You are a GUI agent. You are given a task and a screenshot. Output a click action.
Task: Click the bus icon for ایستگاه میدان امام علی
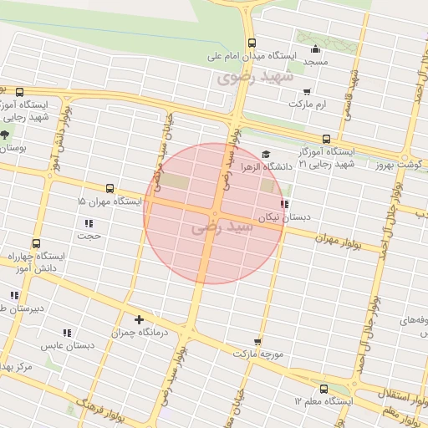252,43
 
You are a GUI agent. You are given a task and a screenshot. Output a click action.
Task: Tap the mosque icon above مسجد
314,48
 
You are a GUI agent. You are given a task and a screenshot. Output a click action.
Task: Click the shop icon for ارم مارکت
307,91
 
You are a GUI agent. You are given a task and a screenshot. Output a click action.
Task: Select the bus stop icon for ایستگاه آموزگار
326,140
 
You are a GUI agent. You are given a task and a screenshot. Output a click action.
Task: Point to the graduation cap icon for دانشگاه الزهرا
266,154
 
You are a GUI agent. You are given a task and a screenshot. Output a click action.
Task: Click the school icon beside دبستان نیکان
284,204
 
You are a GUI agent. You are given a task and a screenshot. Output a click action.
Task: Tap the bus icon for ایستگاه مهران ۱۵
110,190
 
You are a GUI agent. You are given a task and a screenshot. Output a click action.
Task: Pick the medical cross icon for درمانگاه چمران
139,319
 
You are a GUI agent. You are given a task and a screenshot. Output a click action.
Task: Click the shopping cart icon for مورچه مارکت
257,341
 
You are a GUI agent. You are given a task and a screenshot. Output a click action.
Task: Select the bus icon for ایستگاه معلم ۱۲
324,388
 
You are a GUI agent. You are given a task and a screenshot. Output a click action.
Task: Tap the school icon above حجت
89,223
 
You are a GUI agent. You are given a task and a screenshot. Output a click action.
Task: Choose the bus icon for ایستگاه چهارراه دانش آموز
35,243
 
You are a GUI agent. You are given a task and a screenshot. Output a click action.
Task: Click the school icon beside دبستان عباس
67,333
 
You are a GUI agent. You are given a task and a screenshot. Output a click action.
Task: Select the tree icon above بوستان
5,135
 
